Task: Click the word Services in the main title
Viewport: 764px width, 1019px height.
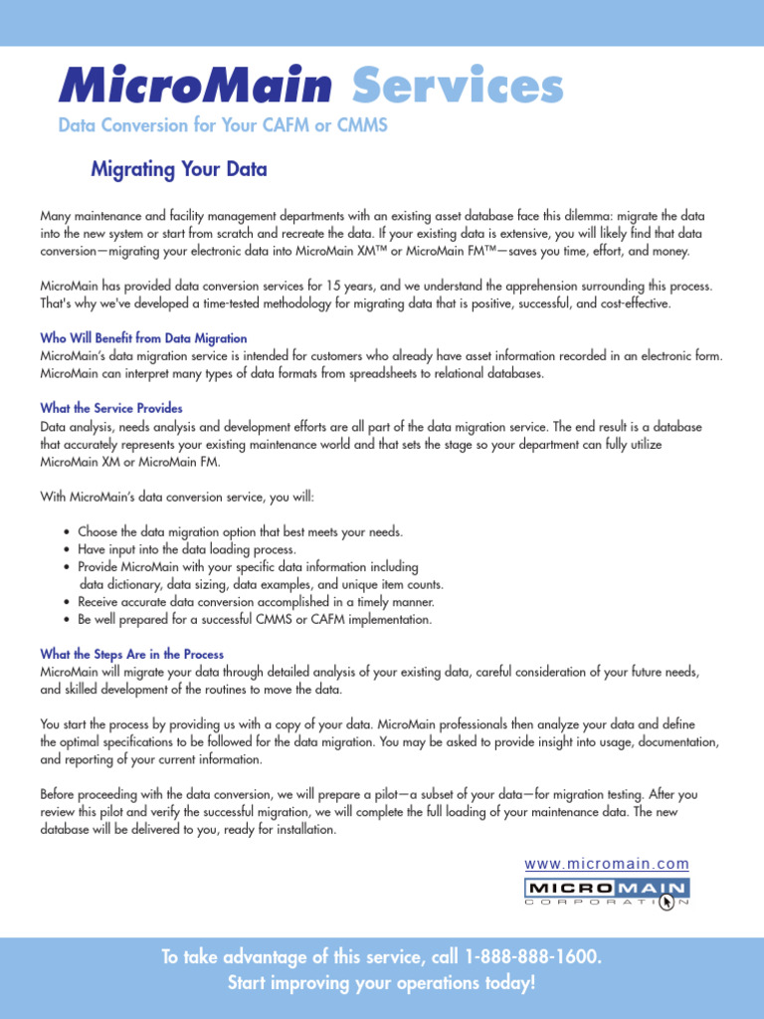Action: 458,88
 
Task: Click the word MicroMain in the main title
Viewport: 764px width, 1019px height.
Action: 195,88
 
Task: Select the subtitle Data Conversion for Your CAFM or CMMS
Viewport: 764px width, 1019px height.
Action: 222,126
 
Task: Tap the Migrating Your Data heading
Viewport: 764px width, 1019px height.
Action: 179,169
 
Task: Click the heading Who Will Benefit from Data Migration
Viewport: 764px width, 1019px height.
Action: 143,338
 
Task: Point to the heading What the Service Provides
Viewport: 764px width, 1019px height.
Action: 111,408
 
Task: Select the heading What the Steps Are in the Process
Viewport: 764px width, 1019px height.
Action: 131,654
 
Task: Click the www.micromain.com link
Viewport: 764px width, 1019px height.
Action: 606,864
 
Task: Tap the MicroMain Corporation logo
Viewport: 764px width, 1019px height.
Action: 606,892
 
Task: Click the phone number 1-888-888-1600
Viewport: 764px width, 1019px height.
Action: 532,957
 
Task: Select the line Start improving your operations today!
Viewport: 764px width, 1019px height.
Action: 382,983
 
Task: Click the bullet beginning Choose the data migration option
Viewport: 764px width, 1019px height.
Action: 240,531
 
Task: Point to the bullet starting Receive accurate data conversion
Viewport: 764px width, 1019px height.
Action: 256,602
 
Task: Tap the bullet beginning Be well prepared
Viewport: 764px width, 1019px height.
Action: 255,619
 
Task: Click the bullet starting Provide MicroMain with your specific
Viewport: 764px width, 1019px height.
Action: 248,566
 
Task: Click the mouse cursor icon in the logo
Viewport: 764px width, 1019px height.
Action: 668,901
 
